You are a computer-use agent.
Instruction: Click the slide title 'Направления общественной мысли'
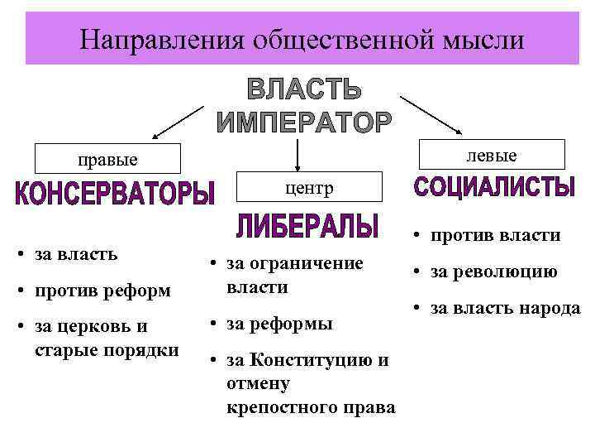click(302, 39)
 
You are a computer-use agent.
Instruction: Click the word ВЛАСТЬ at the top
click(304, 90)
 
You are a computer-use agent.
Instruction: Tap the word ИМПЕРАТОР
click(304, 123)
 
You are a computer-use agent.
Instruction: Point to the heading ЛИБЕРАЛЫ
click(307, 225)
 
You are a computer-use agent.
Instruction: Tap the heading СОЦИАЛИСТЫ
click(493, 187)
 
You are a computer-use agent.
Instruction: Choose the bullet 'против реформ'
click(103, 291)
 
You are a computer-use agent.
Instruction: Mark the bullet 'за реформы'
click(279, 324)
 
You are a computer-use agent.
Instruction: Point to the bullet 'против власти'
click(495, 236)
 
